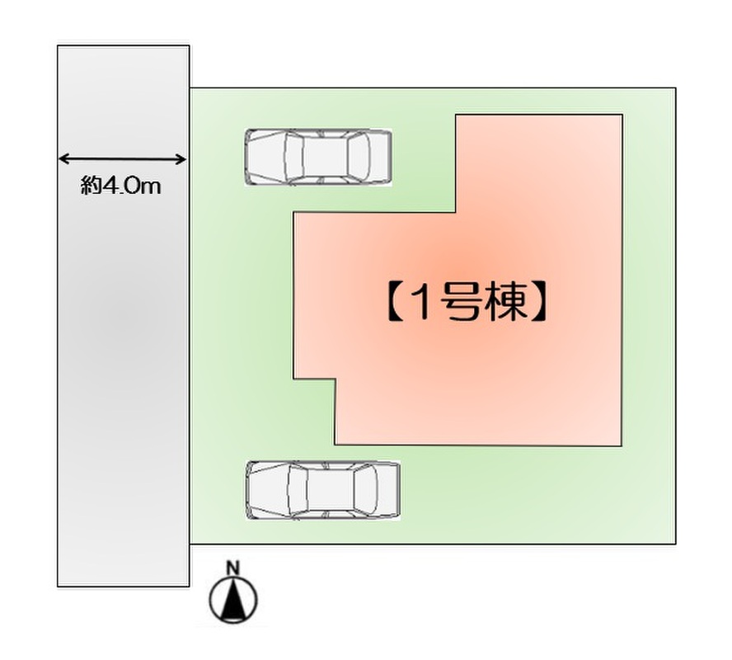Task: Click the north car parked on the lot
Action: tap(318, 157)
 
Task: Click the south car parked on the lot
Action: tap(322, 490)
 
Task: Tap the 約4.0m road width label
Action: tap(121, 186)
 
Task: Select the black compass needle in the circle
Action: tap(233, 600)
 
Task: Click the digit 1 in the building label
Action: tap(421, 302)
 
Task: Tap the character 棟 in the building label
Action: tap(504, 302)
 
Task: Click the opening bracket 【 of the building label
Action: tap(396, 302)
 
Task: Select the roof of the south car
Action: tap(330, 490)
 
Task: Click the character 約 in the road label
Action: tap(91, 186)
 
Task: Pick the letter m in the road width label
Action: tap(150, 188)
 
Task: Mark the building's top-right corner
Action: tap(622, 115)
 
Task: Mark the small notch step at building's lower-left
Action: tap(335, 379)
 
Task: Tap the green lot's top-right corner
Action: tap(675, 87)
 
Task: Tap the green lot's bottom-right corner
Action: tap(675, 544)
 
